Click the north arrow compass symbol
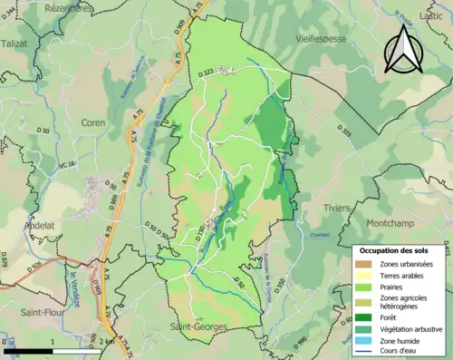tap(403, 49)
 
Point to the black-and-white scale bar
tap(54, 350)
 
